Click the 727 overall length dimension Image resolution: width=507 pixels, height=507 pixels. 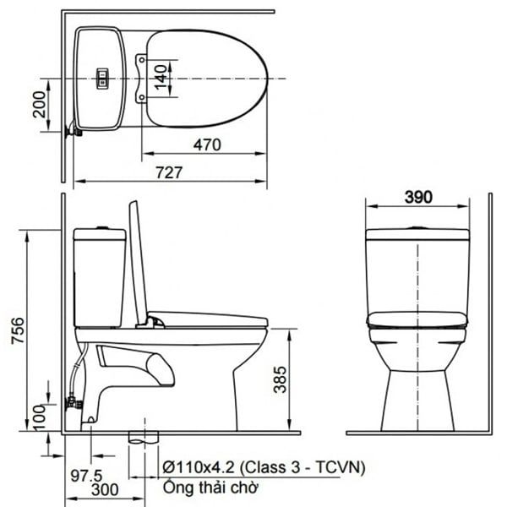pyautogui.click(x=170, y=172)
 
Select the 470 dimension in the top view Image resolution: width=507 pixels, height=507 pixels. pyautogui.click(x=205, y=145)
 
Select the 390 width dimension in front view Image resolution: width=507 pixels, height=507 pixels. pyautogui.click(x=417, y=197)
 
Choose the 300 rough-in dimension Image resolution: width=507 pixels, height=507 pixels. pyautogui.click(x=105, y=489)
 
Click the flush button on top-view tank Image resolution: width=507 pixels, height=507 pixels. pyautogui.click(x=102, y=78)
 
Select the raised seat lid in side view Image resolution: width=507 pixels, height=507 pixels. pyautogui.click(x=135, y=262)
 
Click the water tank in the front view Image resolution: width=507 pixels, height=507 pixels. pyautogui.click(x=417, y=275)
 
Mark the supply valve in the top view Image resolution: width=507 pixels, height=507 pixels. pyautogui.click(x=73, y=130)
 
